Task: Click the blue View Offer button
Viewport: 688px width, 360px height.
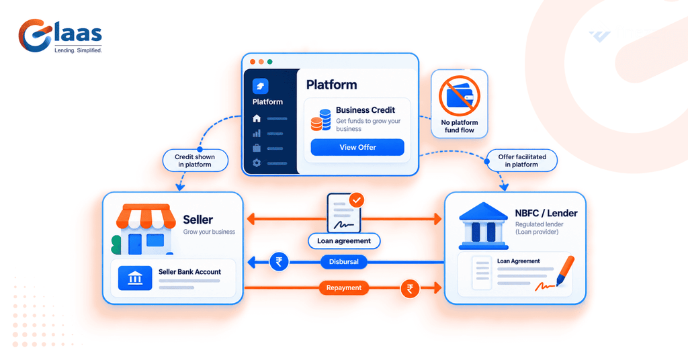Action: pyautogui.click(x=357, y=147)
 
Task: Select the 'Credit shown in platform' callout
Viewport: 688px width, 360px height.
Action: pyautogui.click(x=196, y=161)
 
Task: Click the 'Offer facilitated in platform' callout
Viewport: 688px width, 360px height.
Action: pyautogui.click(x=521, y=161)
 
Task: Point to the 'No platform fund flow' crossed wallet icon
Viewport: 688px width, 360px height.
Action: pyautogui.click(x=460, y=96)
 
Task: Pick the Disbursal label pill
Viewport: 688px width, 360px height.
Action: pyautogui.click(x=343, y=262)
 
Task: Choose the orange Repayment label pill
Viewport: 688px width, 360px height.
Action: pyautogui.click(x=343, y=287)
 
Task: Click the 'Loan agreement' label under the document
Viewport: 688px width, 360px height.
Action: pyautogui.click(x=344, y=240)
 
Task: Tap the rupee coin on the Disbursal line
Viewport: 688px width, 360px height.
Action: pyautogui.click(x=279, y=262)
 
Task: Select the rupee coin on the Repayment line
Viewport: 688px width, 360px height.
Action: pyautogui.click(x=410, y=289)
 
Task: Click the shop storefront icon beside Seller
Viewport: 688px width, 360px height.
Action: pyautogui.click(x=143, y=229)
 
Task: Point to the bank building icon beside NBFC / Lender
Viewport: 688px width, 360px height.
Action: pyautogui.click(x=483, y=226)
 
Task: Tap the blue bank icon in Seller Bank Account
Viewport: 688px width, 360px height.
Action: pyautogui.click(x=135, y=278)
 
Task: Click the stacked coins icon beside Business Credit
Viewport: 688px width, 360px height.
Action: pyautogui.click(x=320, y=120)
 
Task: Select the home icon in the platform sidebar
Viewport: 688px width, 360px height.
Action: pyautogui.click(x=257, y=118)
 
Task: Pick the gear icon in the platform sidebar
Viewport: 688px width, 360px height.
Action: pyautogui.click(x=257, y=163)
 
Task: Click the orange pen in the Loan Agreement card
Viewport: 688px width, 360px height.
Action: pyautogui.click(x=565, y=271)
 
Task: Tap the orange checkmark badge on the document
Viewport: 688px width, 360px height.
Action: pyautogui.click(x=357, y=200)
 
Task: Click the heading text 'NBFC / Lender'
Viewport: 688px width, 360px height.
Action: pyautogui.click(x=546, y=213)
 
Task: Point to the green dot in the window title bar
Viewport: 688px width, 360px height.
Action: pyautogui.click(x=270, y=62)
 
